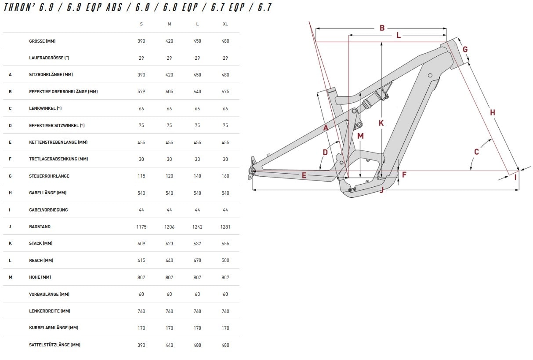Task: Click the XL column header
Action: (225, 24)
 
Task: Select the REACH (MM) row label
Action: (41, 260)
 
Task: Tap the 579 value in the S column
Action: (141, 91)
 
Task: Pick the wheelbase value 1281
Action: (225, 227)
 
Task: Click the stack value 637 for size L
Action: (197, 244)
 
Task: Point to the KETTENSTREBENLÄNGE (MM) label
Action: (58, 142)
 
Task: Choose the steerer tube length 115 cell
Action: (141, 176)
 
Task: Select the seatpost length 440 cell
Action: (169, 345)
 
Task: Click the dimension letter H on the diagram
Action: (493, 113)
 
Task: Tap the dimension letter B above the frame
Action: (382, 28)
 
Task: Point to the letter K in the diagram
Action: (381, 123)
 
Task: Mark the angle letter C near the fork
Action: (476, 152)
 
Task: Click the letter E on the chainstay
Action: (304, 175)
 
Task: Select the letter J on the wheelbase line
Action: (382, 190)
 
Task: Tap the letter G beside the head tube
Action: (465, 49)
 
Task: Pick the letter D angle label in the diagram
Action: (325, 153)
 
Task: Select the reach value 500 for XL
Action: (225, 260)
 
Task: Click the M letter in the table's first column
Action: (10, 277)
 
